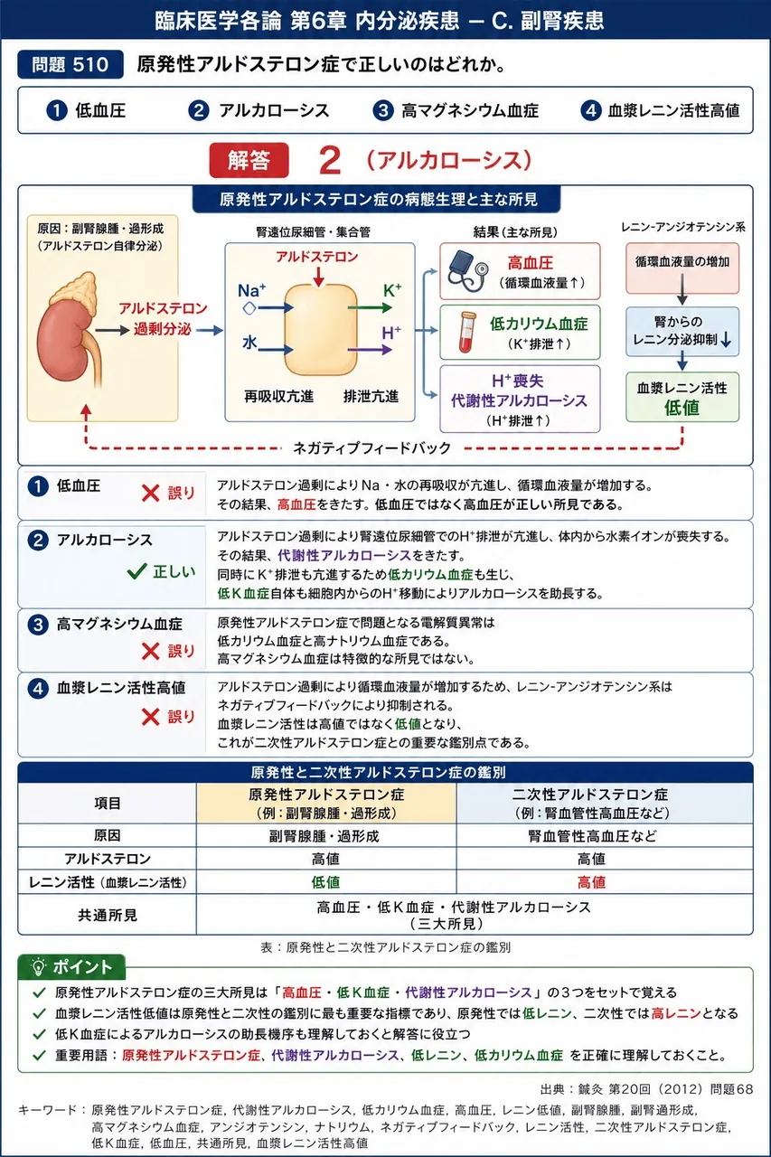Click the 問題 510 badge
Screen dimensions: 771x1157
(x=71, y=64)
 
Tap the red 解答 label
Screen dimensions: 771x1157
(x=249, y=160)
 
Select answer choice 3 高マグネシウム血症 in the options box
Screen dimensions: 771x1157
(x=456, y=110)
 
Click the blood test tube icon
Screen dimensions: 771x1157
(x=466, y=333)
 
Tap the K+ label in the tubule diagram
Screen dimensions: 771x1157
(x=392, y=291)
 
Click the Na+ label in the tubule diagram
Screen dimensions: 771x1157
(x=251, y=290)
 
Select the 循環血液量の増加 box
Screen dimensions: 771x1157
(x=682, y=268)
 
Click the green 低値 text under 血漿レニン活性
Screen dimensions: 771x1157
(x=682, y=408)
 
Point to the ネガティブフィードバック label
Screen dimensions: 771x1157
(x=371, y=447)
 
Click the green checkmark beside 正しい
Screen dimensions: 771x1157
(x=136, y=570)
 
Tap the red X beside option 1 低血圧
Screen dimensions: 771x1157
(x=150, y=494)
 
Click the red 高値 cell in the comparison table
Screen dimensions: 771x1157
(x=591, y=882)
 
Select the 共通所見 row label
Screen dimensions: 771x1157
(x=108, y=916)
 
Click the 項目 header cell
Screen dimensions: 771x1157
(x=108, y=804)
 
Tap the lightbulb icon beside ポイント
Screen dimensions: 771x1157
(x=38, y=966)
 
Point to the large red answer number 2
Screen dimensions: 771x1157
(x=330, y=161)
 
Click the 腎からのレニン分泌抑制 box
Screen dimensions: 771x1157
(x=682, y=332)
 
